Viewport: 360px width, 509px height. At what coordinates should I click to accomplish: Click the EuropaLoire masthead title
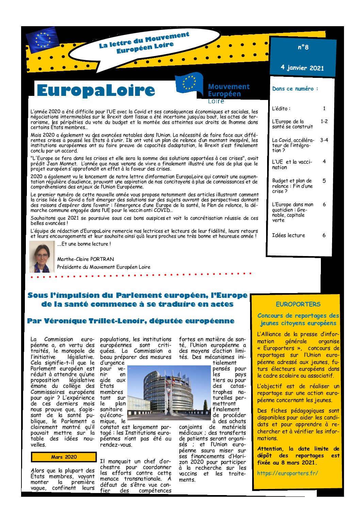click(x=96, y=90)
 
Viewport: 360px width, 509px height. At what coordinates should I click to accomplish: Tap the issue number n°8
click(x=303, y=47)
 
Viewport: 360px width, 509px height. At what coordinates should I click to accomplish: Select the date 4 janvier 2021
click(x=302, y=67)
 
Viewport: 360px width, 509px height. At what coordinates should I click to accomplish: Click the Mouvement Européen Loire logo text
click(x=228, y=93)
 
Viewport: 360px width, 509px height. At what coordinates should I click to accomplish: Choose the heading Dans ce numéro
click(x=295, y=89)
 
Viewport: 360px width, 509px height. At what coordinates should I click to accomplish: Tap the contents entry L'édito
click(x=281, y=108)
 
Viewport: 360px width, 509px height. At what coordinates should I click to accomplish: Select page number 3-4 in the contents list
click(x=324, y=140)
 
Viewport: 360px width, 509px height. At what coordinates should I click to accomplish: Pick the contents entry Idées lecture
click(x=288, y=235)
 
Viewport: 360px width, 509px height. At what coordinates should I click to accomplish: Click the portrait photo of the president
click(x=42, y=256)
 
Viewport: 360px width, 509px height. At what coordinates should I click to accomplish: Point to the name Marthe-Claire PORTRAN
click(x=85, y=259)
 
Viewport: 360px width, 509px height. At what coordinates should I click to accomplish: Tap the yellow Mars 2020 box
click(x=64, y=457)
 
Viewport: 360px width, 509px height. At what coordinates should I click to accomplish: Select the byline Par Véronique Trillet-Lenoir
click(x=131, y=321)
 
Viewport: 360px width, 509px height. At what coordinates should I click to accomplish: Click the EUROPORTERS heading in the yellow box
click(x=298, y=304)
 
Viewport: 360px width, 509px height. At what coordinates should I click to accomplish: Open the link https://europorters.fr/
click(x=288, y=473)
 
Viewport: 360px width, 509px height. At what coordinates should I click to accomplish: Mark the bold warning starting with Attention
click(x=298, y=456)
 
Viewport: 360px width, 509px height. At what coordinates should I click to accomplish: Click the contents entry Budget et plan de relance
click(x=292, y=186)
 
